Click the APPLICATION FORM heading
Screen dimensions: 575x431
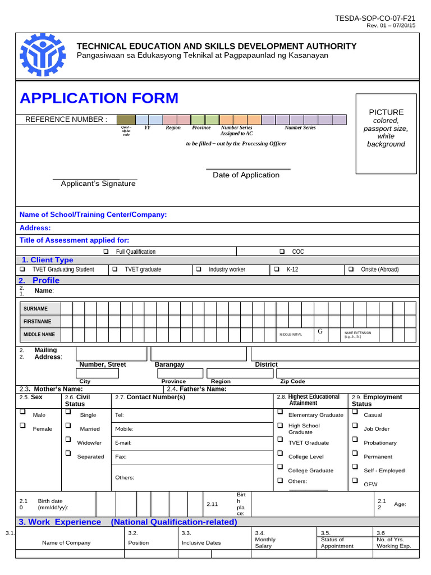(99, 98)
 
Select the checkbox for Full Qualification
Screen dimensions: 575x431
(106, 252)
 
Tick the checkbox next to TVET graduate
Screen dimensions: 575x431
(114, 269)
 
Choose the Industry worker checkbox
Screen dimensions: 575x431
(199, 269)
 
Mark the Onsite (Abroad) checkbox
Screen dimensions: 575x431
(351, 269)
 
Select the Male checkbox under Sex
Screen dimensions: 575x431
(23, 412)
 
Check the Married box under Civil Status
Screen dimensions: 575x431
(68, 426)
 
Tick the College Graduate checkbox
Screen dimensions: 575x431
(279, 467)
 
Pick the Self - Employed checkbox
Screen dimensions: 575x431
(355, 467)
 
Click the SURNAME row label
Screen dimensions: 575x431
(35, 309)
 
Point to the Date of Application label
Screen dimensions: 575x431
(246, 175)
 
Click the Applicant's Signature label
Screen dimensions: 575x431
(98, 184)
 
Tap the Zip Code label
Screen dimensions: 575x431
(292, 381)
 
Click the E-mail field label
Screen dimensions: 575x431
(123, 443)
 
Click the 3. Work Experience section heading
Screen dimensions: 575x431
(60, 522)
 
